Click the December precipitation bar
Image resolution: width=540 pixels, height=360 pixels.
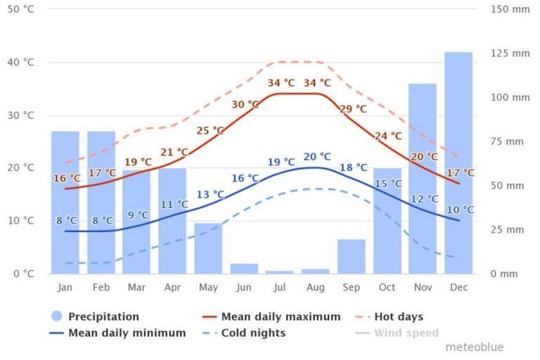458,162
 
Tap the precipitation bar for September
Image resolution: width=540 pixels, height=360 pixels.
352,257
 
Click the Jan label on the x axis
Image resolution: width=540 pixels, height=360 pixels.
65,288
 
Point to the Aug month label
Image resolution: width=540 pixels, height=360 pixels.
316,288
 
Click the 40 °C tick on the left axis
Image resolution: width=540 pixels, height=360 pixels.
20,63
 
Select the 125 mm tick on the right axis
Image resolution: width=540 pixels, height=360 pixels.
510,53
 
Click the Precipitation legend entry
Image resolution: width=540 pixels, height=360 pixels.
103,317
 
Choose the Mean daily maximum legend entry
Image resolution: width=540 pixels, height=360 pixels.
281,317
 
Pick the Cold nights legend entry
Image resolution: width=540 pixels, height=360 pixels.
253,333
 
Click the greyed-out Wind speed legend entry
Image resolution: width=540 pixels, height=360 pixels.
406,333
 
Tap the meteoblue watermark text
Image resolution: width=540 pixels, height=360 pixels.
474,347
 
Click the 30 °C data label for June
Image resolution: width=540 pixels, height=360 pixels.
245,105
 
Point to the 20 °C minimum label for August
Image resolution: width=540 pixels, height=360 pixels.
316,157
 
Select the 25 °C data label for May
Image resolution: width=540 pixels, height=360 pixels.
210,131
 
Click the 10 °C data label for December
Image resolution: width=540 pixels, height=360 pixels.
460,210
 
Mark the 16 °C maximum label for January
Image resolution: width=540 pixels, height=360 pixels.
67,179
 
